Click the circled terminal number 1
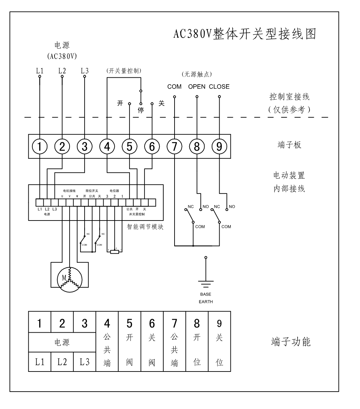pyautogui.click(x=40, y=147)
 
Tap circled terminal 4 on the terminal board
pyautogui.click(x=107, y=147)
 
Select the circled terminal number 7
pyautogui.click(x=175, y=147)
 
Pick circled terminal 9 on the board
pyautogui.click(x=219, y=147)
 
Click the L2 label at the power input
pyautogui.click(x=62, y=71)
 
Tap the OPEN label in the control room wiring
pyautogui.click(x=197, y=87)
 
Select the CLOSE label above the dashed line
pyautogui.click(x=219, y=87)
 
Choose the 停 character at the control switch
pyautogui.click(x=140, y=110)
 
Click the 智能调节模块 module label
pyautogui.click(x=145, y=227)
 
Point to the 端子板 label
pyautogui.click(x=289, y=145)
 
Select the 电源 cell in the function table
pyautogui.click(x=62, y=342)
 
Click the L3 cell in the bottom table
pyautogui.click(x=85, y=362)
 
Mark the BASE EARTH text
pyautogui.click(x=206, y=298)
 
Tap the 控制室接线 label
pyautogui.click(x=289, y=96)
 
